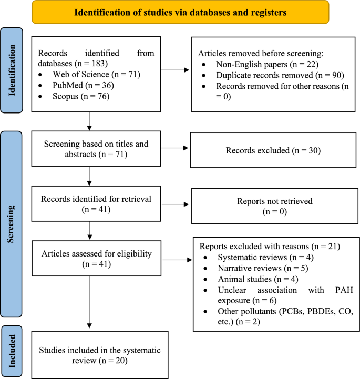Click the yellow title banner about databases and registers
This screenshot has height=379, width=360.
180,12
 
